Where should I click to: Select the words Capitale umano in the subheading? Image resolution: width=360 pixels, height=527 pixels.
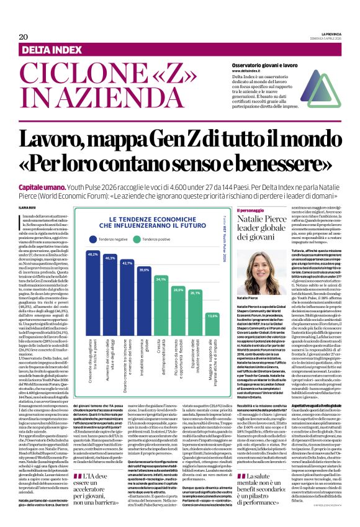[42, 169]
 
